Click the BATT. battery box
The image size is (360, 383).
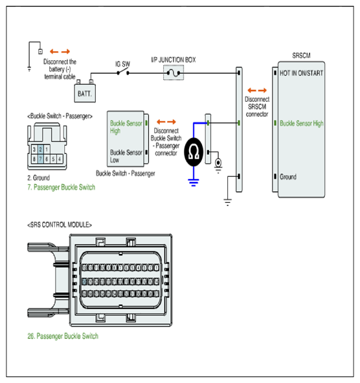[85, 93]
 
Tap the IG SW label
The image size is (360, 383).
[122, 64]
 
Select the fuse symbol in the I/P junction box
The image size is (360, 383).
[174, 73]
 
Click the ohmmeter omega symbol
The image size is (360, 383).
[194, 152]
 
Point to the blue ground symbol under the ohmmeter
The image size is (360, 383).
[194, 182]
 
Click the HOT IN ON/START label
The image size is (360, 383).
[301, 73]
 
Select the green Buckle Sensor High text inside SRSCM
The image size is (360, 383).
[302, 123]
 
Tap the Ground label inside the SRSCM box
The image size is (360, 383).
[288, 177]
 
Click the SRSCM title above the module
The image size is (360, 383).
[301, 56]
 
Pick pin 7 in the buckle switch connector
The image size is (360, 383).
[41, 159]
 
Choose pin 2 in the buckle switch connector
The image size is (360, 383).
[41, 149]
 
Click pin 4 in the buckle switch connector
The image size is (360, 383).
[60, 159]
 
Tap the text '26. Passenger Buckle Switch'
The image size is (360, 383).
[63, 336]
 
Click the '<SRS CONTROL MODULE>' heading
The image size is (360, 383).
[60, 225]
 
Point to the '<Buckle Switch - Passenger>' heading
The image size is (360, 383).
[60, 116]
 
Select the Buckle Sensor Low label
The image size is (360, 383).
[126, 156]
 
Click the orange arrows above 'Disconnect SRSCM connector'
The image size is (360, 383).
[257, 90]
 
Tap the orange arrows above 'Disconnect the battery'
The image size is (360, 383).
[60, 52]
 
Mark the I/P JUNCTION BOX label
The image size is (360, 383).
[174, 60]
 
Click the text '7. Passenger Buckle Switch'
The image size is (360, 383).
[62, 187]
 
